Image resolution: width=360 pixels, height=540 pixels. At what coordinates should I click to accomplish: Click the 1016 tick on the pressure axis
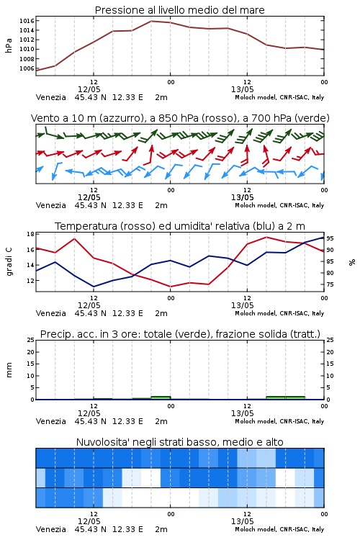click(x=27, y=21)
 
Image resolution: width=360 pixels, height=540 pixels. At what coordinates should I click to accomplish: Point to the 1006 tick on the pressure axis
click(x=27, y=68)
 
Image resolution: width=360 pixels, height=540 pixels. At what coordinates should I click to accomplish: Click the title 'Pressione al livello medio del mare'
click(x=180, y=10)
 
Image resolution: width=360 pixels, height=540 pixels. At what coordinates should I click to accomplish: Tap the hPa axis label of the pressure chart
click(x=9, y=45)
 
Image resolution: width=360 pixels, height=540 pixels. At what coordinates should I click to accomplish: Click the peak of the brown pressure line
click(x=151, y=21)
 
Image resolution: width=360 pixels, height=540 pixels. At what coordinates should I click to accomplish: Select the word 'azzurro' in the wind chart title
click(x=119, y=118)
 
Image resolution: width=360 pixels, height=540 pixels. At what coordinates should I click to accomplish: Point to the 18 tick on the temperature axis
click(x=30, y=234)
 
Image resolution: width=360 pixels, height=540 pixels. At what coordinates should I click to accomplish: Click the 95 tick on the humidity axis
click(x=330, y=238)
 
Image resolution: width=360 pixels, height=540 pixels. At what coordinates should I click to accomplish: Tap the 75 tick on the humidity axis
click(x=330, y=284)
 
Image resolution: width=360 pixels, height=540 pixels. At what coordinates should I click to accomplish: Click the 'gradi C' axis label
click(x=9, y=261)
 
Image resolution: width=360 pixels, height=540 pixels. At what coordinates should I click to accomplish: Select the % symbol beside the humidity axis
click(x=352, y=262)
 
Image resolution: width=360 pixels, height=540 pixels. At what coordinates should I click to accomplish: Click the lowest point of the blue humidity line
click(x=94, y=287)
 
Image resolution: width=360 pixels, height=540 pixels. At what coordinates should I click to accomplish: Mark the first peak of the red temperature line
click(x=74, y=238)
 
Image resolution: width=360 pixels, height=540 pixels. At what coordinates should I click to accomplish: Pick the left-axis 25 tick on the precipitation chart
click(x=30, y=340)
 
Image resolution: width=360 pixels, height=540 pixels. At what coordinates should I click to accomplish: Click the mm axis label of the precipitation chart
click(x=9, y=370)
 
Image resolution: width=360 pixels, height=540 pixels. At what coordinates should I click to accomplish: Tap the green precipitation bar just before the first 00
click(x=161, y=397)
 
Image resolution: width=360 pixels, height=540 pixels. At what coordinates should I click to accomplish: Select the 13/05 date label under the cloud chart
click(x=243, y=521)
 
